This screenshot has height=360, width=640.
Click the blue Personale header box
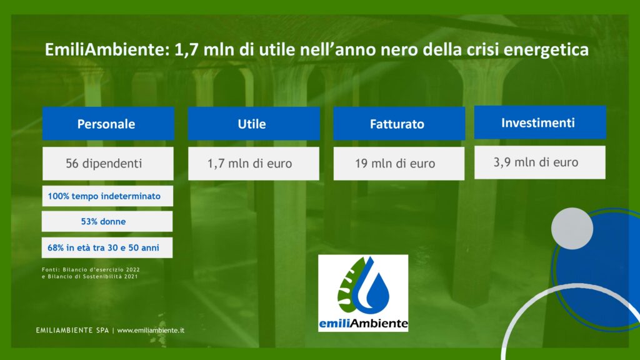pyautogui.click(x=108, y=124)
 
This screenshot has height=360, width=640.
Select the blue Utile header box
pyautogui.click(x=254, y=124)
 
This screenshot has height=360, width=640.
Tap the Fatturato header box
pyautogui.click(x=399, y=124)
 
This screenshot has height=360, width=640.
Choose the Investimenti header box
pyautogui.click(x=540, y=122)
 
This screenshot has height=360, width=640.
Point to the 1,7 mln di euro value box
pyautogui.click(x=254, y=164)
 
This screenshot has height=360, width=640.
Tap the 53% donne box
pyautogui.click(x=107, y=222)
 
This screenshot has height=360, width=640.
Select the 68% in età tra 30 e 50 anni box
pyautogui.click(x=107, y=247)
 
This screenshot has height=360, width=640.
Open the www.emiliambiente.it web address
pyautogui.click(x=151, y=330)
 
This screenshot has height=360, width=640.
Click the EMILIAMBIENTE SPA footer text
pyautogui.click(x=72, y=330)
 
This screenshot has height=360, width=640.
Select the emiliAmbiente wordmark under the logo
pyautogui.click(x=363, y=324)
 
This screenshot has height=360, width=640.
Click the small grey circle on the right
pyautogui.click(x=572, y=229)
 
